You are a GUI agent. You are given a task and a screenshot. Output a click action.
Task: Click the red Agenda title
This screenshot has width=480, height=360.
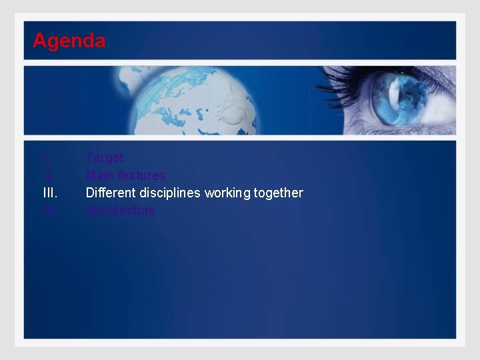click(x=69, y=41)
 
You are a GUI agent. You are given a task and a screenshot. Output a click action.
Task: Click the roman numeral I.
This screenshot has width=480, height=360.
click(x=45, y=158)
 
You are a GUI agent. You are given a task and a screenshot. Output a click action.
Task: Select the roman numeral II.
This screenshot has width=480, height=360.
click(x=47, y=175)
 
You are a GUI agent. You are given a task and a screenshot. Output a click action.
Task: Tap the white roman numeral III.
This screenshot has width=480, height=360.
click(x=50, y=193)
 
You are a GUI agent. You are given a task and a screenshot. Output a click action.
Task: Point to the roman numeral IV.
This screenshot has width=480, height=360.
click(x=49, y=210)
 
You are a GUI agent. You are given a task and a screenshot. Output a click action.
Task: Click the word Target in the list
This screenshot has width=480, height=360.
click(x=105, y=158)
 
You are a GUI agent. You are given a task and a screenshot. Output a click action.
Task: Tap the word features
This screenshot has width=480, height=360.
click(x=141, y=175)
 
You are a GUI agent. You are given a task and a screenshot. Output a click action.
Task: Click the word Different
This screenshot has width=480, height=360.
click(x=111, y=193)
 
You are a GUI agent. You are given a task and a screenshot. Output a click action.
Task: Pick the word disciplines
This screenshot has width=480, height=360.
click(x=170, y=193)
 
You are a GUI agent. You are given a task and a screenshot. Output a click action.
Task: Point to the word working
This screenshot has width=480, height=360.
click(x=227, y=193)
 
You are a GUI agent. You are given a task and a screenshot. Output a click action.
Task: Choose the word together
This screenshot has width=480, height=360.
click(x=278, y=193)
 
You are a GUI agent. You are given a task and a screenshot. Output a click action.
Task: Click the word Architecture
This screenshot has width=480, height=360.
click(x=121, y=210)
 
